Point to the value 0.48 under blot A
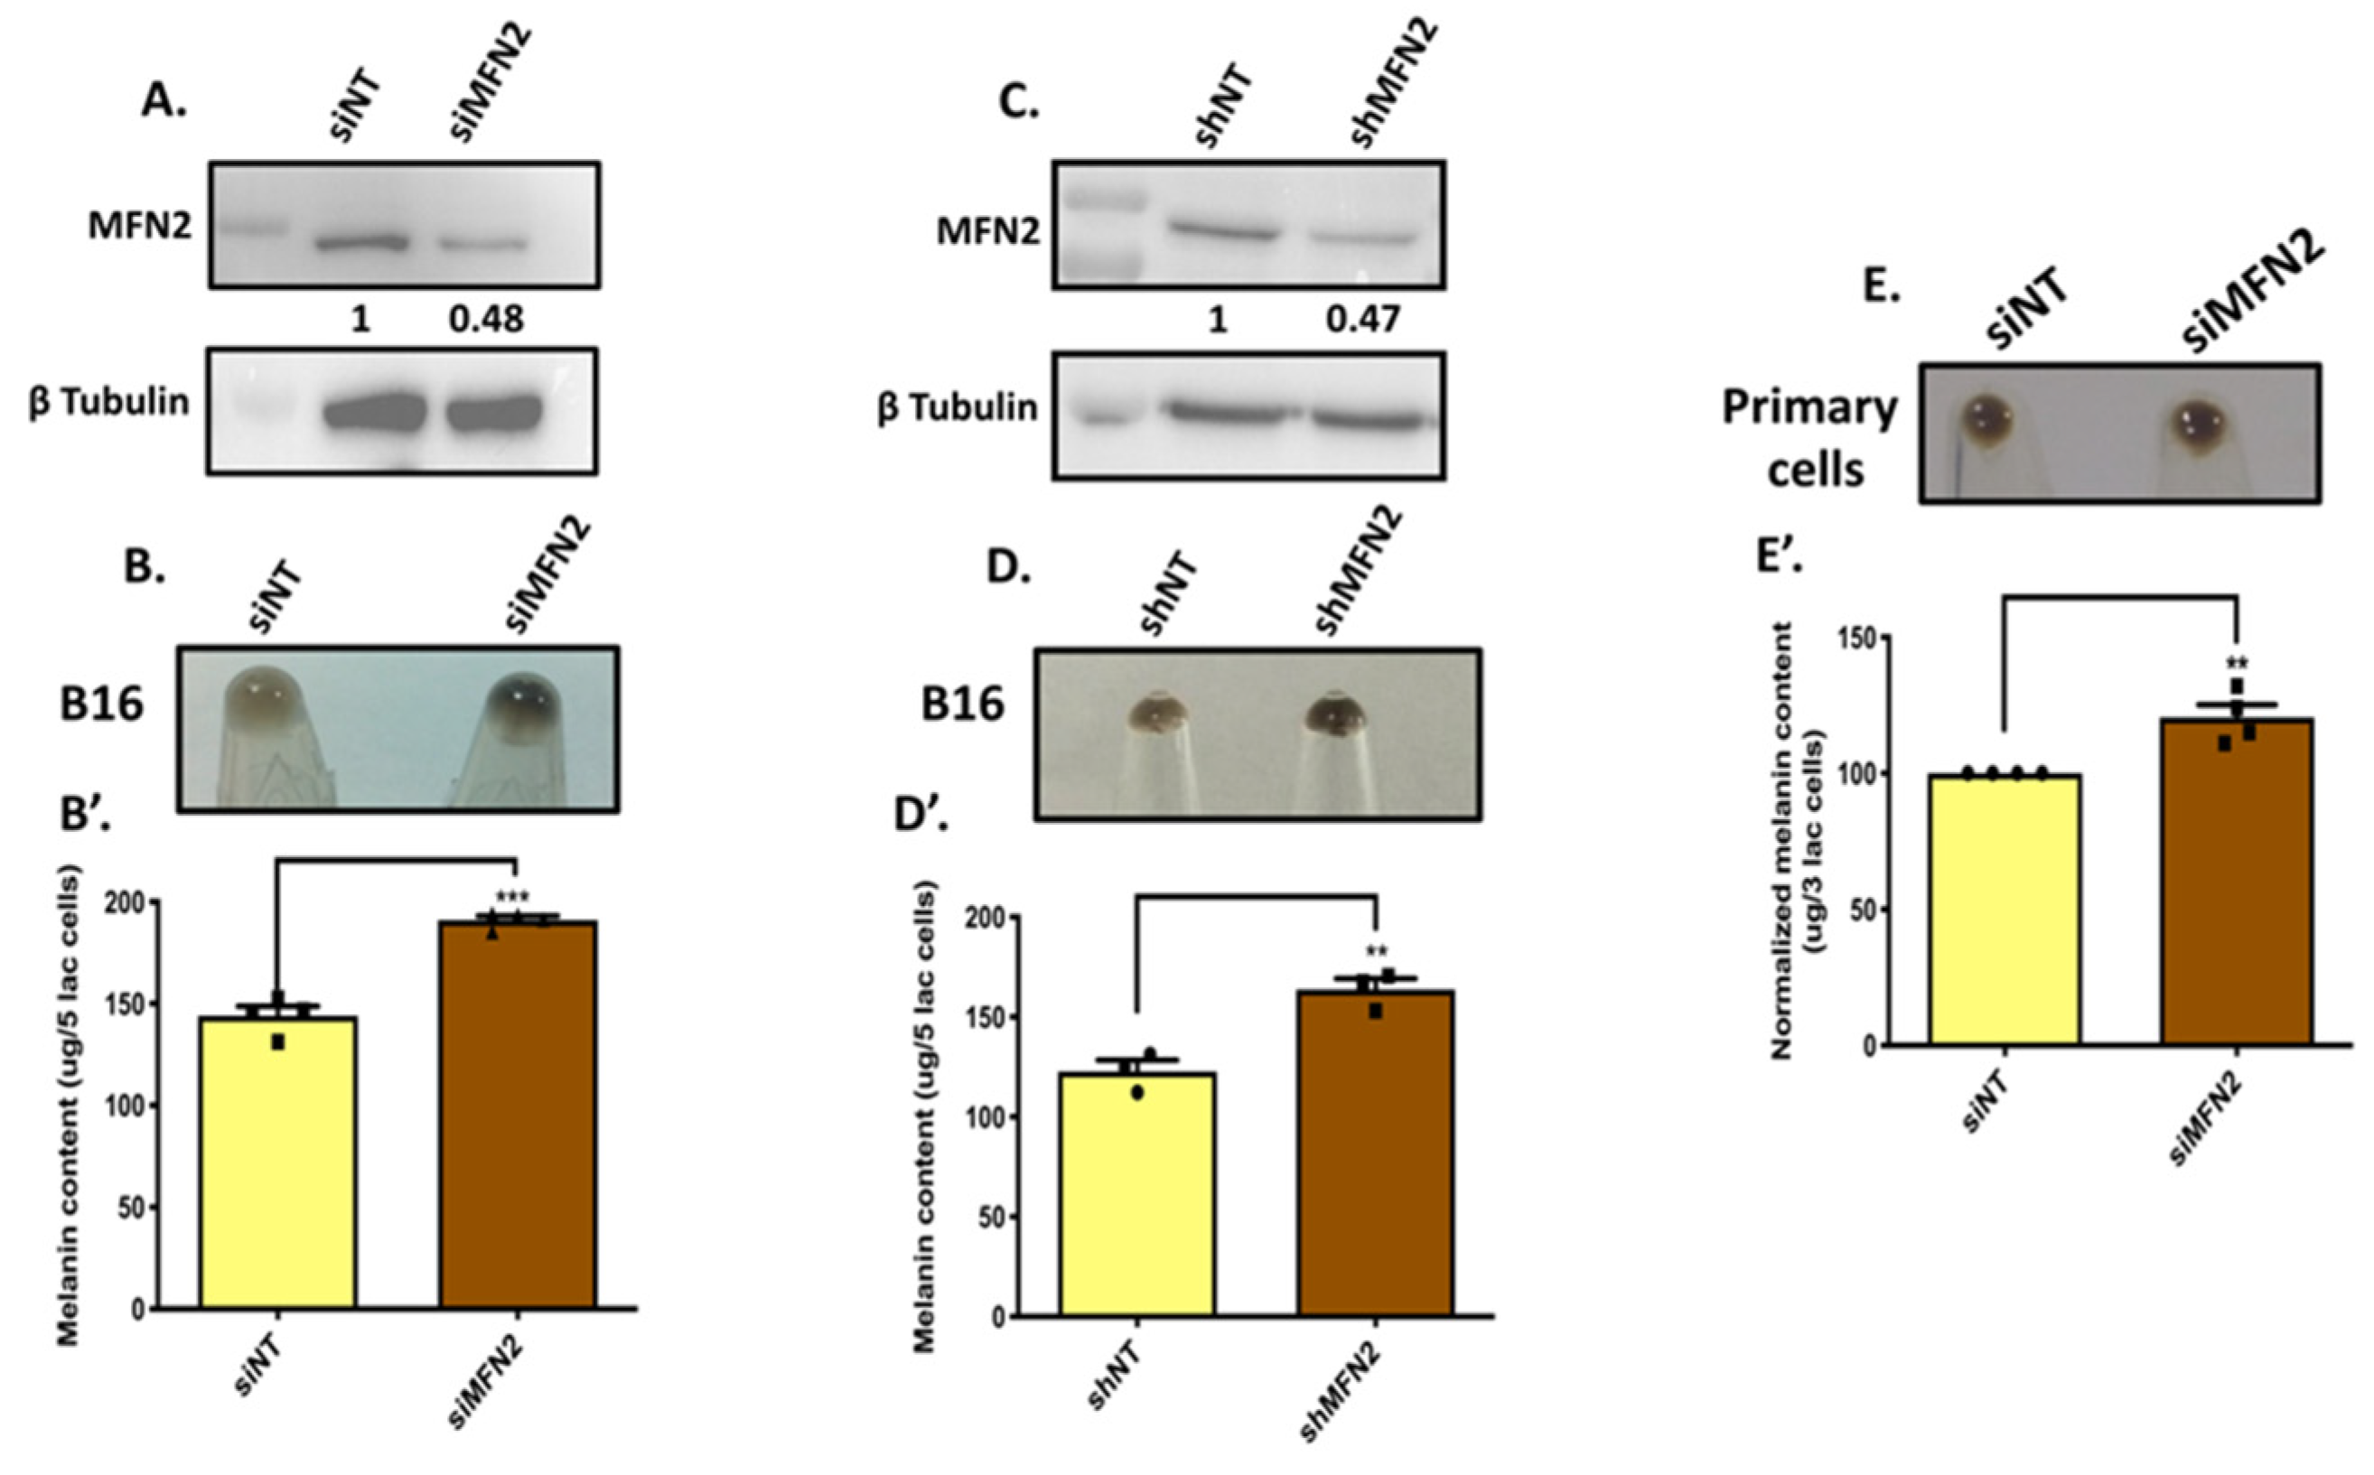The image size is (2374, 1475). click(x=486, y=319)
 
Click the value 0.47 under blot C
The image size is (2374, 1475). click(x=1362, y=319)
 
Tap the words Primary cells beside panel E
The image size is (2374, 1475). click(x=1809, y=438)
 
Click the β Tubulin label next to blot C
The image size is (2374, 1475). click(x=958, y=407)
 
